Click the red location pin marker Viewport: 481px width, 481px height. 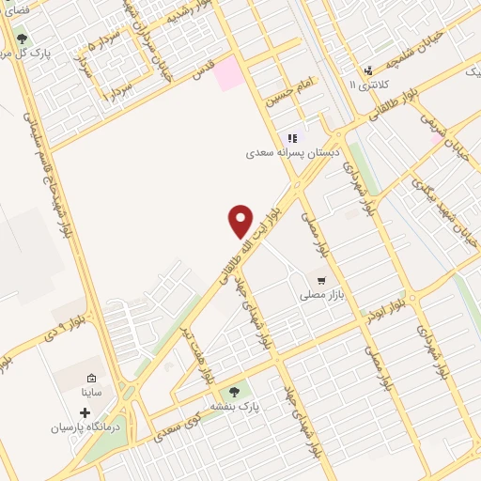(240, 222)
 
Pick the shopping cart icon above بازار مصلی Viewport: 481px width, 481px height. (321, 280)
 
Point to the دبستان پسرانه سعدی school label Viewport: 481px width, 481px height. (292, 152)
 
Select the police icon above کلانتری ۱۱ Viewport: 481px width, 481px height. (368, 70)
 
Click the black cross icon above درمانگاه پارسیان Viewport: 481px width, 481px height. (85, 412)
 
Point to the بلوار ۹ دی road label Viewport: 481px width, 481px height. (68, 328)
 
